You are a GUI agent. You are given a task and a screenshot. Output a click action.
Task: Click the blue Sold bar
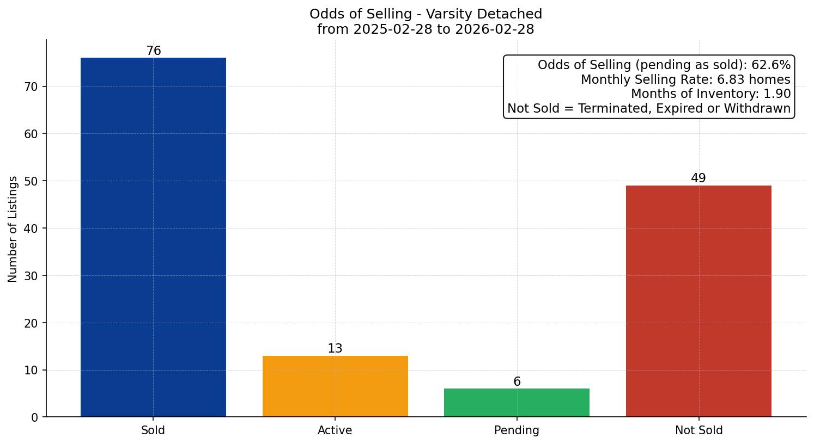point(153,237)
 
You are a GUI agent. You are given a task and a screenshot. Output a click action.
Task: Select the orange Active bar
point(335,386)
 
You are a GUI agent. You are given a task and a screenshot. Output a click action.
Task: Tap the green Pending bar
point(517,403)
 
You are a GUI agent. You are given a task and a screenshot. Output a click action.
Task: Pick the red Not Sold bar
point(698,301)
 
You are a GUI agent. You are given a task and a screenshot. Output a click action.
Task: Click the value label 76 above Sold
point(154,51)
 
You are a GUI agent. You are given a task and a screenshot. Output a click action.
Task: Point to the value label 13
point(335,349)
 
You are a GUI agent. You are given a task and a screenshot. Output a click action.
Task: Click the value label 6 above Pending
point(517,382)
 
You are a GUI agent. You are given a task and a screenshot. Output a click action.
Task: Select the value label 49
point(698,178)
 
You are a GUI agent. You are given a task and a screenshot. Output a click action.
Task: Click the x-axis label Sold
point(153,430)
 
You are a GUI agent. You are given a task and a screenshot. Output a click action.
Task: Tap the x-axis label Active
point(335,430)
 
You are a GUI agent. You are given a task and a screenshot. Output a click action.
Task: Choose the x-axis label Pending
point(517,430)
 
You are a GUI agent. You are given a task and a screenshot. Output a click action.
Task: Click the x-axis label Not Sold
point(698,430)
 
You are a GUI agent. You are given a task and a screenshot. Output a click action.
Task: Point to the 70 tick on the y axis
point(31,87)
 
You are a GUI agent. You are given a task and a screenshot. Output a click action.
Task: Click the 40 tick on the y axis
point(31,229)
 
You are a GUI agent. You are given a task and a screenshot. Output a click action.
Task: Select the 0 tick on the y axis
point(35,417)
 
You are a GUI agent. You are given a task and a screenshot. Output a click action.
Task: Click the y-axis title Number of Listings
point(13,229)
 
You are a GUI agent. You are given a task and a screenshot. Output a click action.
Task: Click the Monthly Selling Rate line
point(685,79)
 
